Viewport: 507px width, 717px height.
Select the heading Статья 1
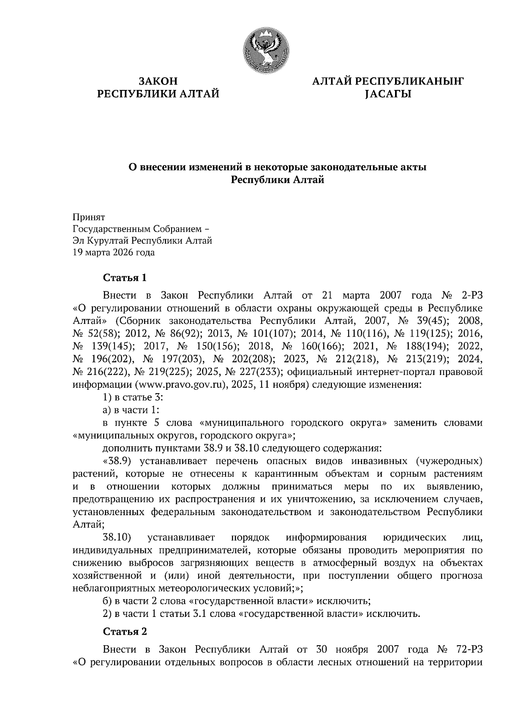click(125, 278)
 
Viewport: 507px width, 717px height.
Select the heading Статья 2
click(125, 632)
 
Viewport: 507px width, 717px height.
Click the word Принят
click(89, 217)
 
